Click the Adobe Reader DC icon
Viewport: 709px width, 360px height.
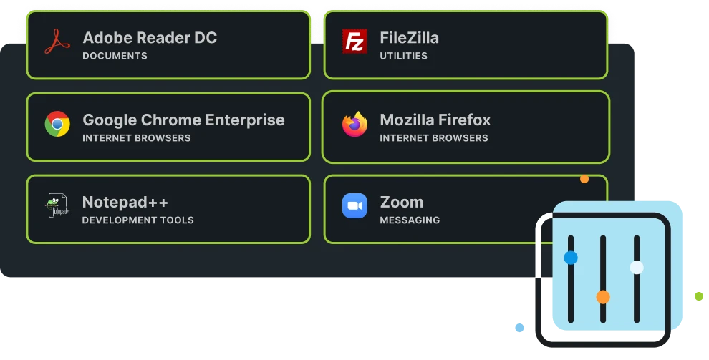click(57, 42)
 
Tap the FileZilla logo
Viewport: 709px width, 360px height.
click(354, 42)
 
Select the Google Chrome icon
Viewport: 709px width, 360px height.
click(57, 125)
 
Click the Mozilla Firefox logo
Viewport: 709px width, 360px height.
click(354, 125)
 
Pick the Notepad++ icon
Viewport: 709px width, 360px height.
click(57, 206)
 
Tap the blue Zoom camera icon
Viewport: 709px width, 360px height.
click(354, 206)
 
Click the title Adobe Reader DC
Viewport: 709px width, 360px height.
click(149, 38)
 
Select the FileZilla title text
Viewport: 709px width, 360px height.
click(409, 38)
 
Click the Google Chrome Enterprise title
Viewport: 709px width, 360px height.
click(183, 120)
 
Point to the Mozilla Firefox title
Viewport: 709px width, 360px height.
click(435, 120)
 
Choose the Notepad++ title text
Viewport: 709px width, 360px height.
click(125, 202)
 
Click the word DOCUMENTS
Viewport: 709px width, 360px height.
click(115, 56)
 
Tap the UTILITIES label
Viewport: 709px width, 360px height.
click(403, 56)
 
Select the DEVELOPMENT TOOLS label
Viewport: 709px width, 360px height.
click(138, 220)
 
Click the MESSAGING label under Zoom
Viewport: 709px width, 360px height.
click(410, 220)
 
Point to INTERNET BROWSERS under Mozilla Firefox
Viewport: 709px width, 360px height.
click(433, 138)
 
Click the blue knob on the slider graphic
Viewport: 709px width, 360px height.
click(571, 258)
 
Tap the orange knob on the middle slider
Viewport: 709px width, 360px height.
click(603, 296)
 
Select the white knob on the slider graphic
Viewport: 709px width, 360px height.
click(637, 268)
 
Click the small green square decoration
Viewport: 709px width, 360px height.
click(698, 295)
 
